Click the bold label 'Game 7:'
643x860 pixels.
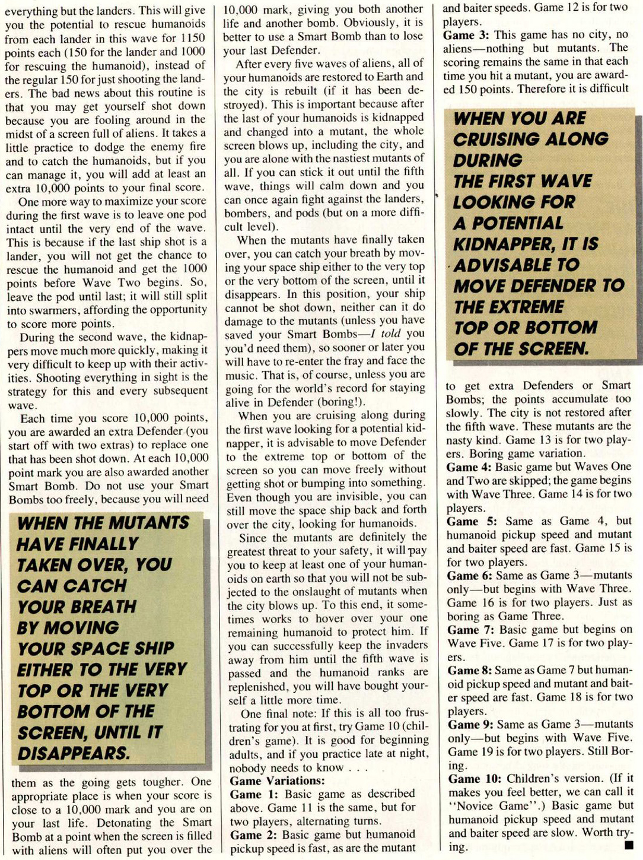point(470,630)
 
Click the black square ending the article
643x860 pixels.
point(629,845)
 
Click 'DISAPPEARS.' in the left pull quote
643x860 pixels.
point(73,753)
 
